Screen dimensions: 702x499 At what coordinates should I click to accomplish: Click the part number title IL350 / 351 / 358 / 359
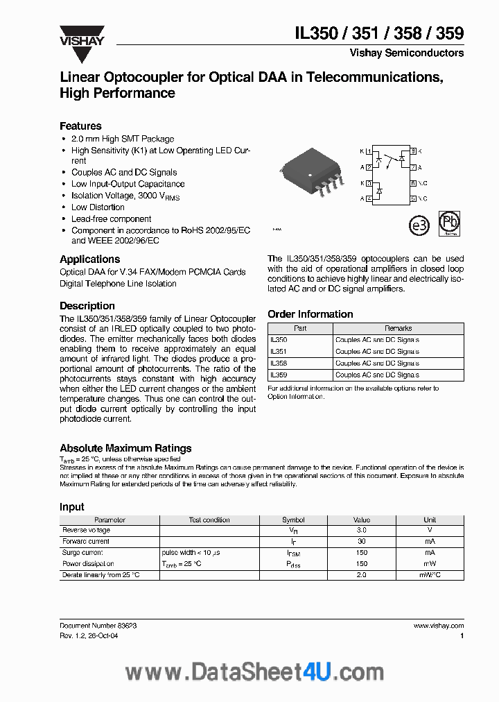(x=379, y=33)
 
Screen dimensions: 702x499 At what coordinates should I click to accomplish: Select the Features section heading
(x=80, y=126)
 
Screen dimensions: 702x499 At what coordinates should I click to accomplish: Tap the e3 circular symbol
(x=419, y=225)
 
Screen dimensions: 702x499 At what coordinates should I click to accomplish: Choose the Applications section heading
(x=90, y=259)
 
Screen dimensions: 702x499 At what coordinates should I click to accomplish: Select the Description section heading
(x=87, y=305)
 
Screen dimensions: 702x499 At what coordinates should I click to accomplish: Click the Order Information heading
(x=310, y=314)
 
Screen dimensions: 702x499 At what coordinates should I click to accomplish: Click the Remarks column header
(x=398, y=328)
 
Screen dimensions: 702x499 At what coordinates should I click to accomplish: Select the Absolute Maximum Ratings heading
(x=125, y=448)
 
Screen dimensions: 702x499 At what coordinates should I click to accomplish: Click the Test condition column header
(x=209, y=520)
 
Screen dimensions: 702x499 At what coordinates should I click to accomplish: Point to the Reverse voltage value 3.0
(x=361, y=530)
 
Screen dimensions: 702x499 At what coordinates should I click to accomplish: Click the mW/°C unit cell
(x=430, y=575)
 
